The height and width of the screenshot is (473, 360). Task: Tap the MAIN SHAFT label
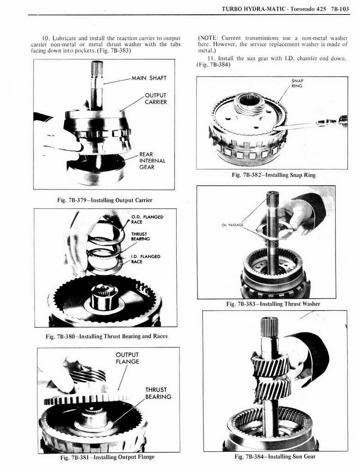149,78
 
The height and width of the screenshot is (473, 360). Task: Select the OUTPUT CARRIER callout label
156,99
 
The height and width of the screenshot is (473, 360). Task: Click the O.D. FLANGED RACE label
147,219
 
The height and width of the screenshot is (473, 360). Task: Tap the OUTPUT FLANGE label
127,358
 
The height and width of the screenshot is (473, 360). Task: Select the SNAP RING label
297,83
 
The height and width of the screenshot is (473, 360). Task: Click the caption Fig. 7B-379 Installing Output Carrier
104,200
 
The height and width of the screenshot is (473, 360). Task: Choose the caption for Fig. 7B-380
107,336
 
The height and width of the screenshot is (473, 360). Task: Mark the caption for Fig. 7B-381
107,457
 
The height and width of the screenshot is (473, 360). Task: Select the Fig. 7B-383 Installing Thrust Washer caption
273,304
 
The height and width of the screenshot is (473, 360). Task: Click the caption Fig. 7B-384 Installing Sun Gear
275,457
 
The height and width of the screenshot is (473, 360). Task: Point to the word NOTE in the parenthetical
209,37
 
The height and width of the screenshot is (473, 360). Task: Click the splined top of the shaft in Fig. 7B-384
269,327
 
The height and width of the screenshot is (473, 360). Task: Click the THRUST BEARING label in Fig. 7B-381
158,393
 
